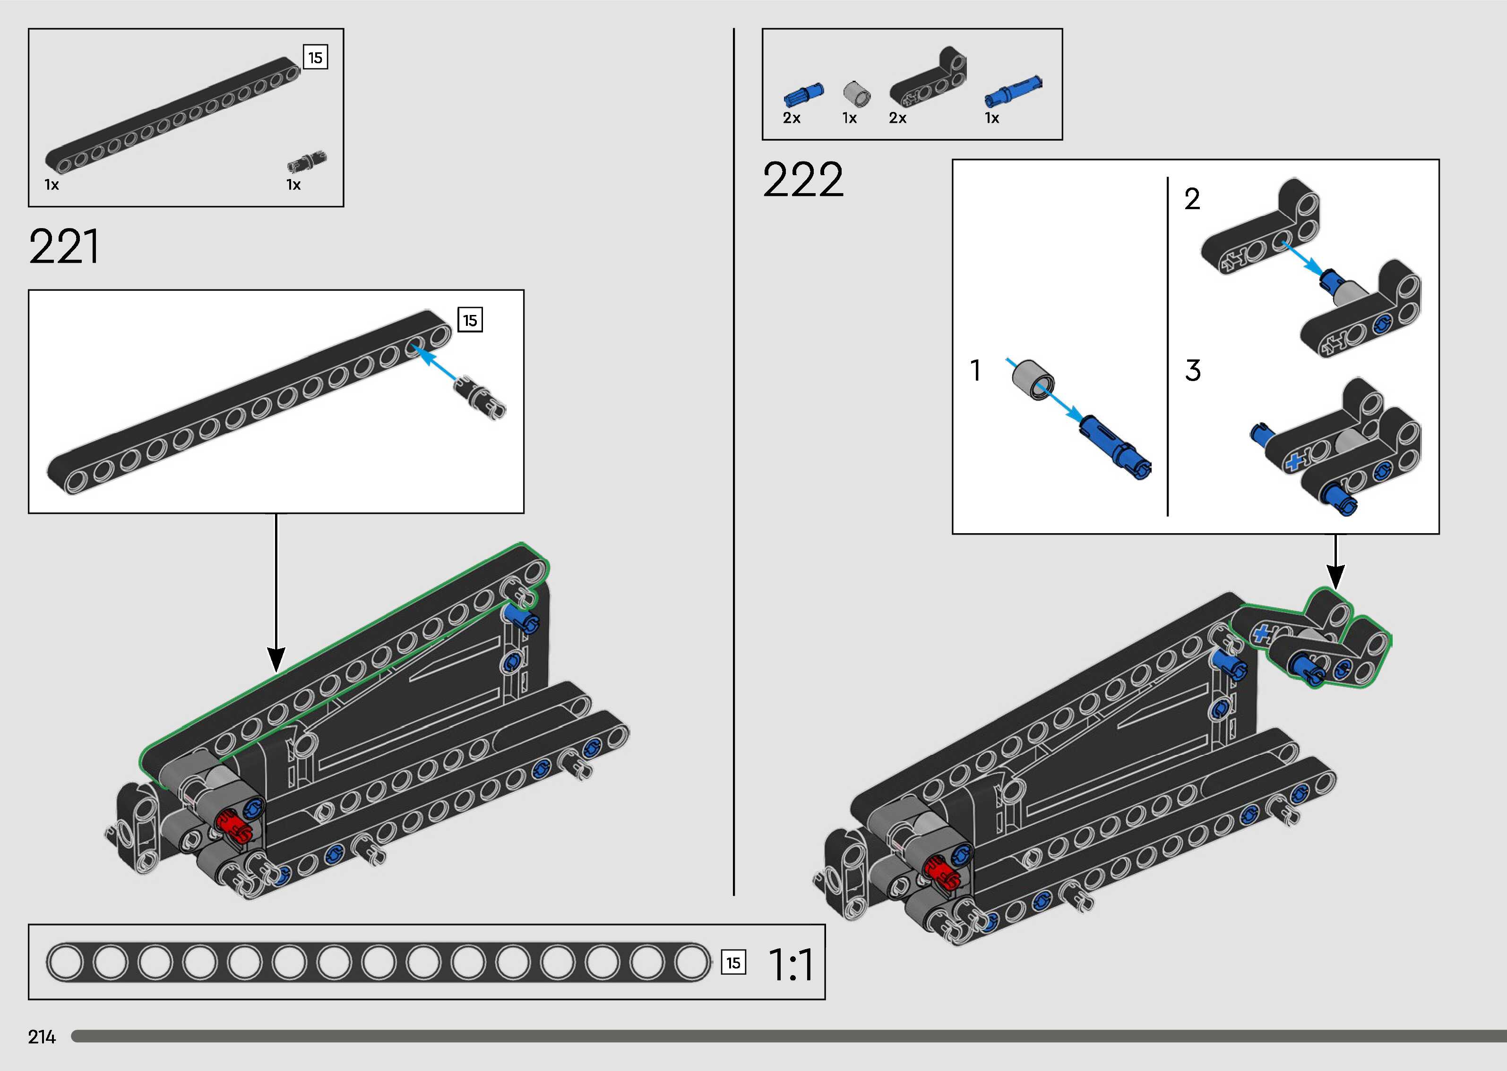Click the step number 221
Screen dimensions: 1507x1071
[64, 246]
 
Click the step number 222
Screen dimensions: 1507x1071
[802, 179]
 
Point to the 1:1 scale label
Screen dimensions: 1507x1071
[791, 965]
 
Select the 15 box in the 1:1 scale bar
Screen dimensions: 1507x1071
[733, 963]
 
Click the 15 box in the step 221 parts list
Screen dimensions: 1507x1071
[315, 58]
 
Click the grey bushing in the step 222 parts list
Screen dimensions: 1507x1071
[856, 94]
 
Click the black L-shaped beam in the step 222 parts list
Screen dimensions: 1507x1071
[929, 79]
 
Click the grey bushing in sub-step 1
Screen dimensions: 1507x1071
[1032, 379]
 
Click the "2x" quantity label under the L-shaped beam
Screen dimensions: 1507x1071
[897, 118]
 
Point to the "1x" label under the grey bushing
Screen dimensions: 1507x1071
[849, 118]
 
